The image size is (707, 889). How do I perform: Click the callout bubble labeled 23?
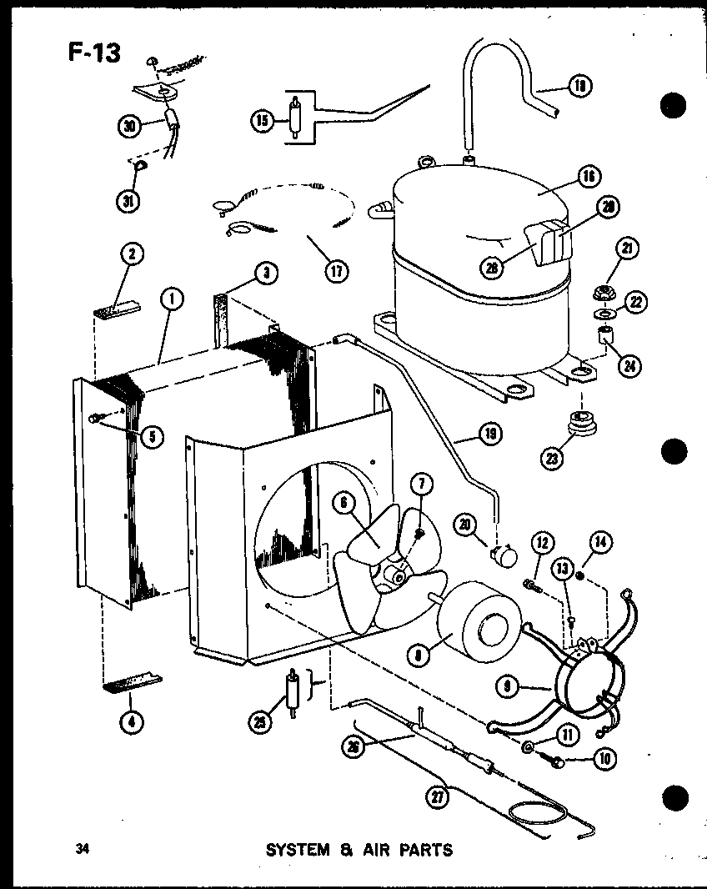[551, 458]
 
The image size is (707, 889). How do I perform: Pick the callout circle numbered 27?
[434, 797]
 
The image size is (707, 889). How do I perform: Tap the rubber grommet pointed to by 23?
[575, 423]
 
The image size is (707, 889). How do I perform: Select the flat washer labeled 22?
[599, 314]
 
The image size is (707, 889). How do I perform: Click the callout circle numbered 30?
[128, 126]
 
